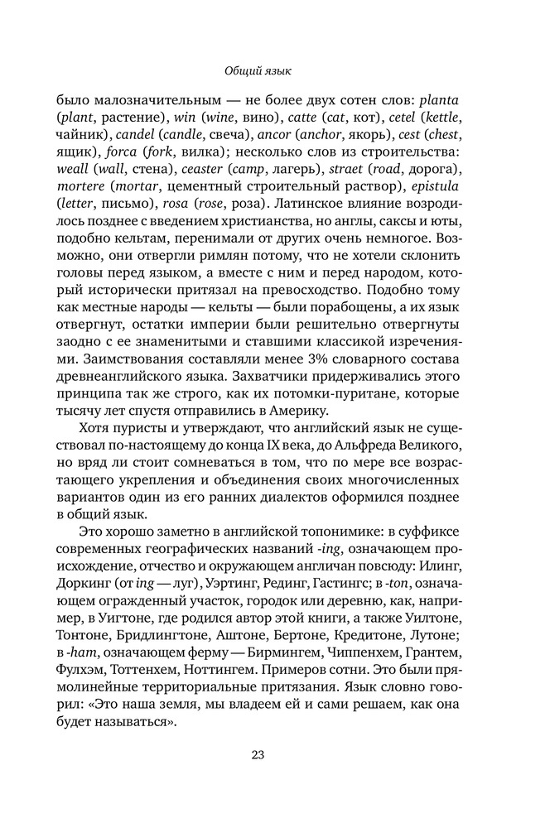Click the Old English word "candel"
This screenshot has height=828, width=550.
(137, 133)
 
